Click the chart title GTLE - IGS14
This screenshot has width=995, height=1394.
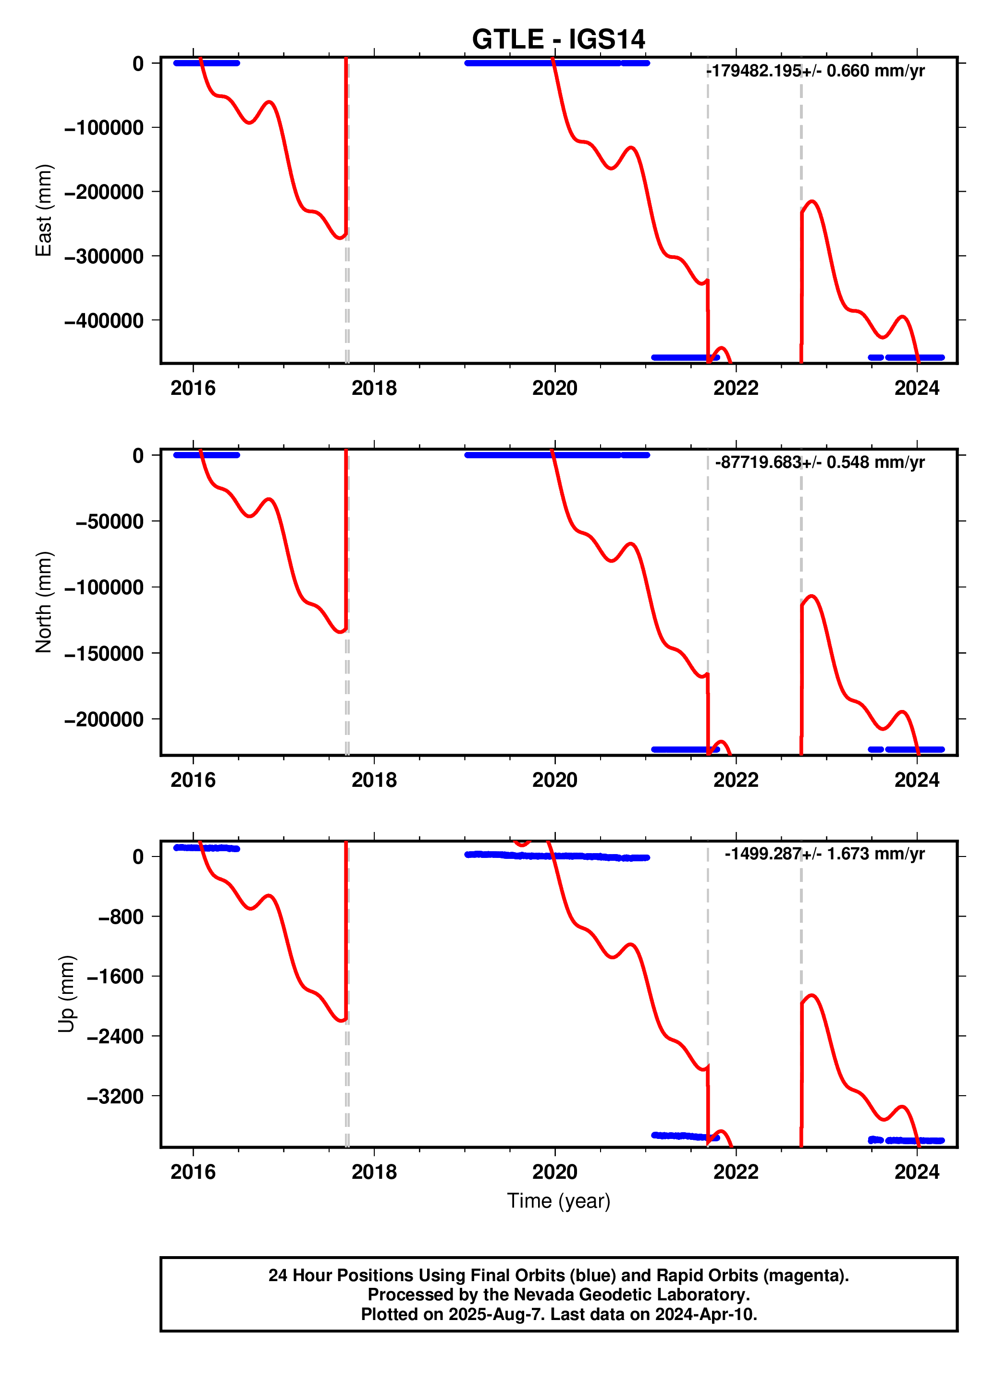558,39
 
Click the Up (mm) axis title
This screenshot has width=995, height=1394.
66,993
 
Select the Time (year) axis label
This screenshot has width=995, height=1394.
558,1200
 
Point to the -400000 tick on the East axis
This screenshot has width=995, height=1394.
104,320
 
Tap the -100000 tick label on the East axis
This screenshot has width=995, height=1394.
104,128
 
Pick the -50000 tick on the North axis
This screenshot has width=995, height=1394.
109,522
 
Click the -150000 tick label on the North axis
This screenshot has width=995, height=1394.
104,653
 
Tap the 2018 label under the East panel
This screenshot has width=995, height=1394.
374,388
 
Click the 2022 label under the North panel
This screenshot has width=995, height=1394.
736,780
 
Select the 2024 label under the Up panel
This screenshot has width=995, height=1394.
917,1172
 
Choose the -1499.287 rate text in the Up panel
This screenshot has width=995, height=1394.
763,854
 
